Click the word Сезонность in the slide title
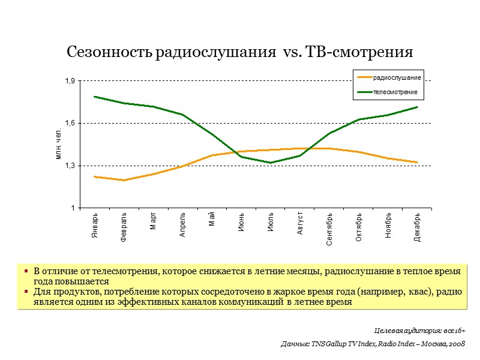(x=109, y=53)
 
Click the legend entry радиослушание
(x=396, y=77)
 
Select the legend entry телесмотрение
(x=395, y=92)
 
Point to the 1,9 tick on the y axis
(x=70, y=81)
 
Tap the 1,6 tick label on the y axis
(x=70, y=123)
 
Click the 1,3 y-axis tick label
(x=70, y=166)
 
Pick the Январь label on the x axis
(x=95, y=226)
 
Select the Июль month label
(x=271, y=223)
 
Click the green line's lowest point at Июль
(x=271, y=163)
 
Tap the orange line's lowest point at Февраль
(x=124, y=180)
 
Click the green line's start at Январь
(x=95, y=97)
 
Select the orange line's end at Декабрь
(x=418, y=162)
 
